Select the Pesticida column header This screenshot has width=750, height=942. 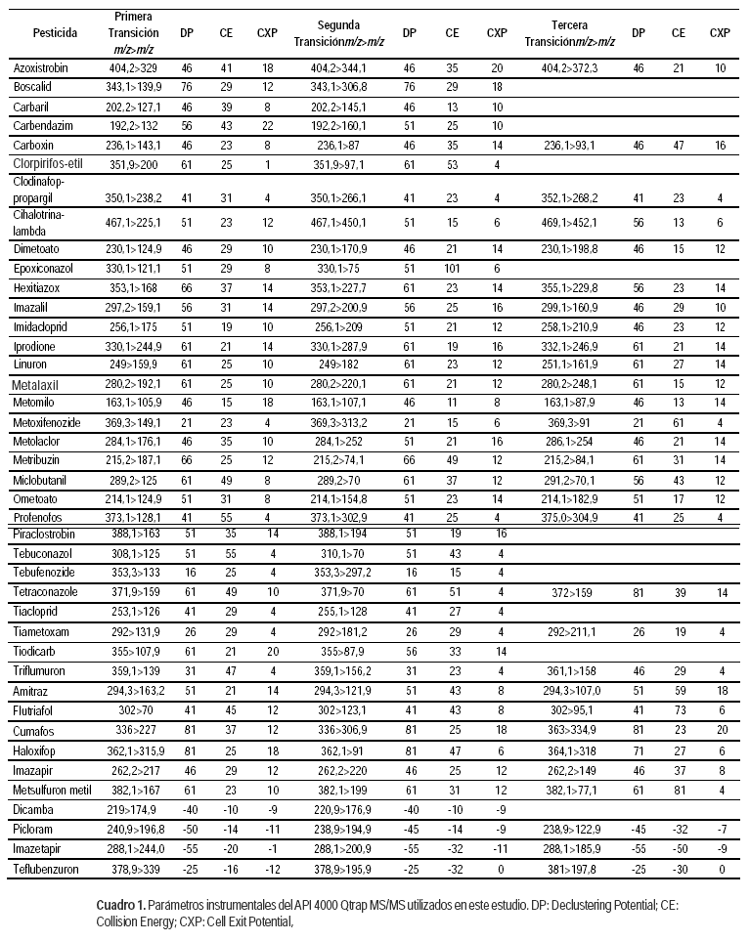tap(56, 32)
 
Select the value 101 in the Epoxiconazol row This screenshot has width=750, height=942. tap(452, 268)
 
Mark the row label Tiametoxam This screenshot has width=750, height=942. tap(44, 631)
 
